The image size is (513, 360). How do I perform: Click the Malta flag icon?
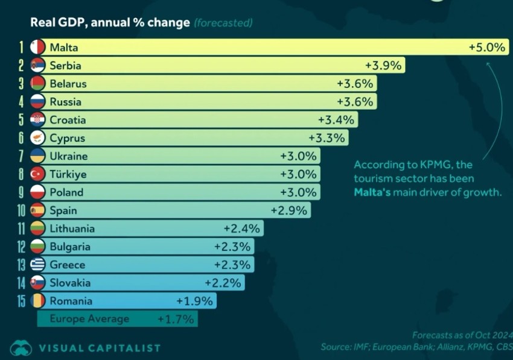38,47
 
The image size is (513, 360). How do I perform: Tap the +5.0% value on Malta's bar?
486,47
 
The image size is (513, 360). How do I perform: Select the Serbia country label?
65,65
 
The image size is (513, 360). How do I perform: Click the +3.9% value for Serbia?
383,65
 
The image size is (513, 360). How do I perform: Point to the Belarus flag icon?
38,83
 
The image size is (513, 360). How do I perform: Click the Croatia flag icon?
38,119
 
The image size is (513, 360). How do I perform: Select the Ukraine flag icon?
38,156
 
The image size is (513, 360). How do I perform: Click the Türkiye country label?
68,174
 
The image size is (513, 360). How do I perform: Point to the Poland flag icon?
38,192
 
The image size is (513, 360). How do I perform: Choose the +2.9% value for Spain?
289,210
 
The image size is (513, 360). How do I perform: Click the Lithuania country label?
72,228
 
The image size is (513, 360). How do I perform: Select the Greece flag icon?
38,264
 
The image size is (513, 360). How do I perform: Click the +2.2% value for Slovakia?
223,282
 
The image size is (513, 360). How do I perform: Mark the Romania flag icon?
38,300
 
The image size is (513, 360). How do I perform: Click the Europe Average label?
89,318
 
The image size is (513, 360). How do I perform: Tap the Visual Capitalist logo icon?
21,347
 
